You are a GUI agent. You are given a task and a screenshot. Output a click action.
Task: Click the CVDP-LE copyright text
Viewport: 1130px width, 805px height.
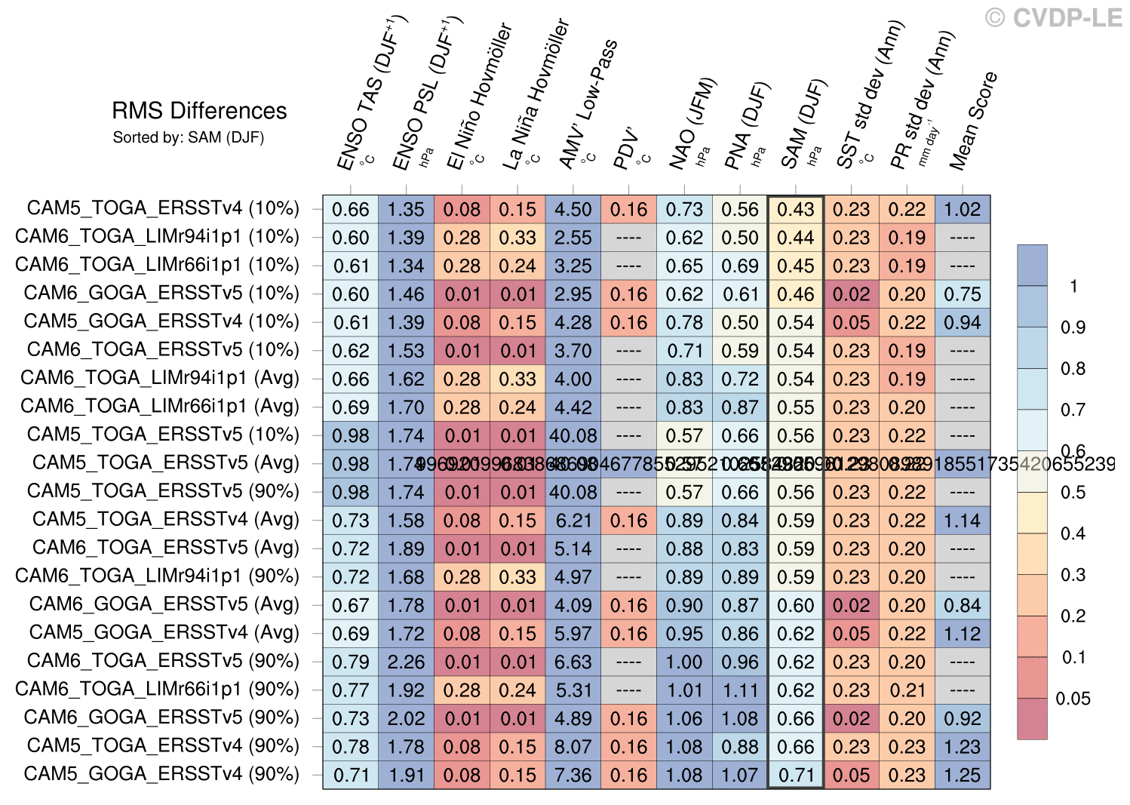coord(1055,17)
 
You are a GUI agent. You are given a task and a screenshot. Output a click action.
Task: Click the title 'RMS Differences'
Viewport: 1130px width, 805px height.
coord(199,111)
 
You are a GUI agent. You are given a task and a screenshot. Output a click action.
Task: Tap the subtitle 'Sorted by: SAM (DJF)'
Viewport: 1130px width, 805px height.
coord(189,137)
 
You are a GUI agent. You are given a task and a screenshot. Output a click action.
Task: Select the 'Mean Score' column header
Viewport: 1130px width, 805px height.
coord(974,121)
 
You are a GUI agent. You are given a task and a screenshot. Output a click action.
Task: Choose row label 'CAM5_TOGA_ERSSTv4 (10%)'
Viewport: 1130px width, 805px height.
coord(163,208)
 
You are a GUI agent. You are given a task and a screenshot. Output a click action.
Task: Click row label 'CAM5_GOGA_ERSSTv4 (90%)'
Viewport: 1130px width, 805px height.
coord(161,774)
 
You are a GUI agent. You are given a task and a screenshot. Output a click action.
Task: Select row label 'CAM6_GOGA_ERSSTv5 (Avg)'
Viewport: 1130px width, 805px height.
coord(164,604)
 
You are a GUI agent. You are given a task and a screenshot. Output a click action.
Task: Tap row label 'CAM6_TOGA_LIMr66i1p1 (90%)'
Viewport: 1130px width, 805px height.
coord(157,690)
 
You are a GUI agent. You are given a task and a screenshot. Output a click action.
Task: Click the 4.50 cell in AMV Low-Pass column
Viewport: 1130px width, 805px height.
coord(573,209)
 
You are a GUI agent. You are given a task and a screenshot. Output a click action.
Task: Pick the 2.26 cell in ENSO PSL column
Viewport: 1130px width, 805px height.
coord(406,662)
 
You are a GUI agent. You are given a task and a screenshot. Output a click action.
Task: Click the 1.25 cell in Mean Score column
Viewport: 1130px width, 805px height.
coord(962,775)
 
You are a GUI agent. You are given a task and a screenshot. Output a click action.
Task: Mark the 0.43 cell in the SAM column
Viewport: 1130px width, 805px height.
coord(796,209)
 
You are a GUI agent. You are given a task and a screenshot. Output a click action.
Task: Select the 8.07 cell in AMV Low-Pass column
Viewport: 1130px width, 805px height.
coord(573,747)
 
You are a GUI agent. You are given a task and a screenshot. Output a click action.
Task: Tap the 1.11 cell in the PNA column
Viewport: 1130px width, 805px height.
coord(740,690)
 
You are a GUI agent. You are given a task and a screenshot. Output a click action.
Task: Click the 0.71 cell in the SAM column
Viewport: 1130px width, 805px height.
coord(796,775)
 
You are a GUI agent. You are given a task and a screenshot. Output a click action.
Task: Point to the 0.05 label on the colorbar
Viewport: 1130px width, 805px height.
coord(1073,698)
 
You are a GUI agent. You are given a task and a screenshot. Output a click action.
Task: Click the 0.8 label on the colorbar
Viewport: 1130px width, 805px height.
coord(1073,369)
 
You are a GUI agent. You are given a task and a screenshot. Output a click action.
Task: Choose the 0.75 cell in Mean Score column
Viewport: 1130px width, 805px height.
coord(962,294)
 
